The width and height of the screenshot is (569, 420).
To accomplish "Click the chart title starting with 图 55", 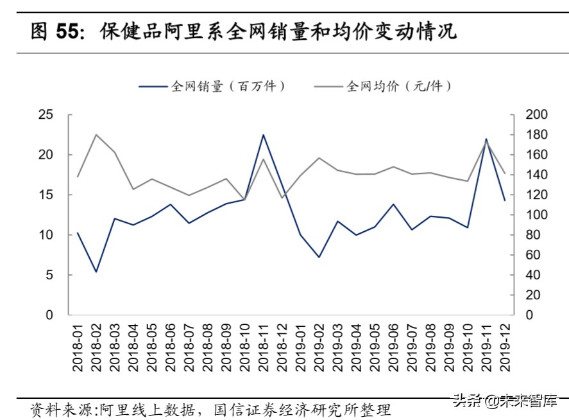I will coord(244,31).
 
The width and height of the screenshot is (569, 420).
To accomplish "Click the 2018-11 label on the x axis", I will coord(264,347).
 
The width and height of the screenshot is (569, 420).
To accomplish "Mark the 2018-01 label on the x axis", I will coord(77,347).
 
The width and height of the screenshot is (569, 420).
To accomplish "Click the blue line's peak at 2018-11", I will coord(264,135).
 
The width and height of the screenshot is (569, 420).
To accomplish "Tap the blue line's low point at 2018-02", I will coord(96,272).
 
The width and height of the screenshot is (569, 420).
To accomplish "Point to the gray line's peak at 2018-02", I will coord(96,135).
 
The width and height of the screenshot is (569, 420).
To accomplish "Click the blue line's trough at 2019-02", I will coord(319,257).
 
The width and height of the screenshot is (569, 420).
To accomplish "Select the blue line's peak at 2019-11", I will coord(486,139).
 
